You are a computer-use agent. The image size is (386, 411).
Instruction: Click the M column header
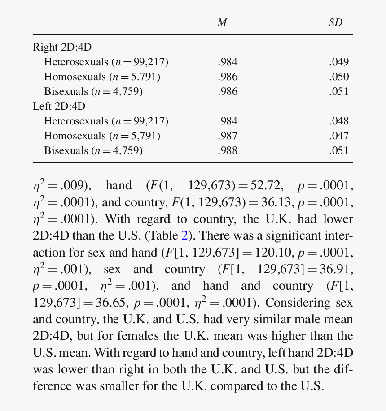222,22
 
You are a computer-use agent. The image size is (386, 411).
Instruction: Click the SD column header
335,22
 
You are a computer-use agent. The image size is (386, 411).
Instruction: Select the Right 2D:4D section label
62,47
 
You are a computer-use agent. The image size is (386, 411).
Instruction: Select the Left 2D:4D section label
59,106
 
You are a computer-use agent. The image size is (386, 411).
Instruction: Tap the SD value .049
339,62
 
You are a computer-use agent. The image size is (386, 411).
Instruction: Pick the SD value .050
339,77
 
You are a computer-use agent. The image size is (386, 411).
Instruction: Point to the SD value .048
339,121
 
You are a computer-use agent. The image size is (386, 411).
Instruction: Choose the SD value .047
339,136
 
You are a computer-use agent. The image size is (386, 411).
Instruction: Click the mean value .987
228,136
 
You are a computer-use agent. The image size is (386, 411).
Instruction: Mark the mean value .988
228,150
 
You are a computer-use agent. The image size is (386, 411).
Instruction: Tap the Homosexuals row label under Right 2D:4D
102,77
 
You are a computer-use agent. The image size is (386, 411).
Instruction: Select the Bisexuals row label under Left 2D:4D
93,150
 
